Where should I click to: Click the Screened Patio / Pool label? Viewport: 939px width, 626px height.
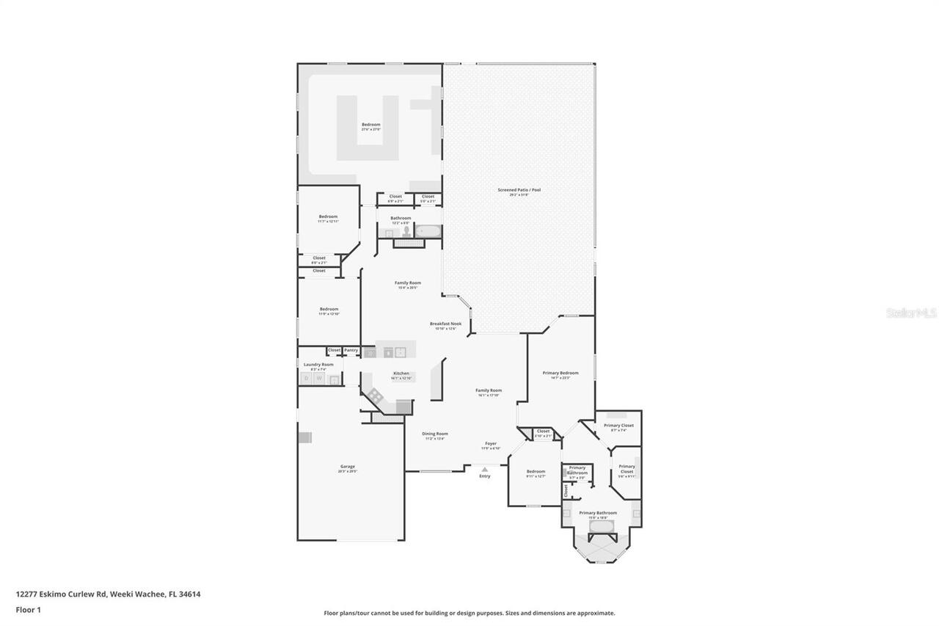519,190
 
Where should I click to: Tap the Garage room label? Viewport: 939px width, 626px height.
347,467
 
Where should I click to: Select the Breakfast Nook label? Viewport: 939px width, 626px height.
445,324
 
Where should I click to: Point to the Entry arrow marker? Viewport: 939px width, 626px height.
484,469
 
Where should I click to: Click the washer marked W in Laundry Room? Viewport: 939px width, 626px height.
319,379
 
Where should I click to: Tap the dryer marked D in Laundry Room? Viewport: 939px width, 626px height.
307,379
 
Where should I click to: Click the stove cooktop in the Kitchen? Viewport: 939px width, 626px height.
376,396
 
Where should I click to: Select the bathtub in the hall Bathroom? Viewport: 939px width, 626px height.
428,231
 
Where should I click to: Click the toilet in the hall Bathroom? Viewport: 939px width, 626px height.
406,231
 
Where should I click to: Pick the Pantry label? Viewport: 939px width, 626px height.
351,350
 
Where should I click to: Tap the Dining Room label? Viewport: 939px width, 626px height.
434,434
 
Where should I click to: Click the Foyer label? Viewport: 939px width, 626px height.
490,444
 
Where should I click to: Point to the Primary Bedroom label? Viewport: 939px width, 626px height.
560,374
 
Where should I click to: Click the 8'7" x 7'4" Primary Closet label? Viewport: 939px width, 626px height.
618,426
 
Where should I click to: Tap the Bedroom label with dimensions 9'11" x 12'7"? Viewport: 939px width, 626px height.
536,472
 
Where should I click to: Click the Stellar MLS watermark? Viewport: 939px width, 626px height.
911,313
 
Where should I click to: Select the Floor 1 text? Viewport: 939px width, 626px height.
28,609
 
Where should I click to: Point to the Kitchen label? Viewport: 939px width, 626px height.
401,374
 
